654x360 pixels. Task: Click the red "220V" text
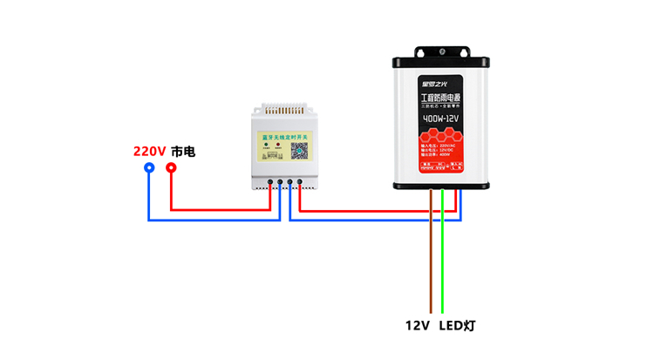pyautogui.click(x=149, y=151)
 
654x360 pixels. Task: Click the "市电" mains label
pyautogui.click(x=183, y=151)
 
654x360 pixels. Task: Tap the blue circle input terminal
pyautogui.click(x=149, y=168)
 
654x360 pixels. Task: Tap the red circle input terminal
pyautogui.click(x=171, y=168)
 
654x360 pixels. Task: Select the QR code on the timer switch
pyautogui.click(x=299, y=149)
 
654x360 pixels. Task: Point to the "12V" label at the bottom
pyautogui.click(x=418, y=326)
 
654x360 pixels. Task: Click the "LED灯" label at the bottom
pyautogui.click(x=457, y=326)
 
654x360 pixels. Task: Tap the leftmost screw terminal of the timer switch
pyautogui.click(x=270, y=183)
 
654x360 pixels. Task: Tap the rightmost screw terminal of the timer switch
pyautogui.click(x=300, y=183)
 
